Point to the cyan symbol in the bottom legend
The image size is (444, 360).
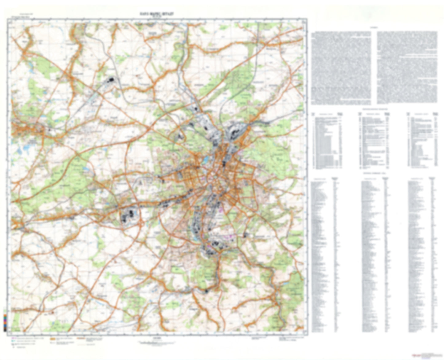tap(13, 341)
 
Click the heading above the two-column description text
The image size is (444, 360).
tap(374, 28)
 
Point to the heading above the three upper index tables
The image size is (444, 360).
tap(375, 109)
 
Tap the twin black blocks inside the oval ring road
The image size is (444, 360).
tap(129, 215)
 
